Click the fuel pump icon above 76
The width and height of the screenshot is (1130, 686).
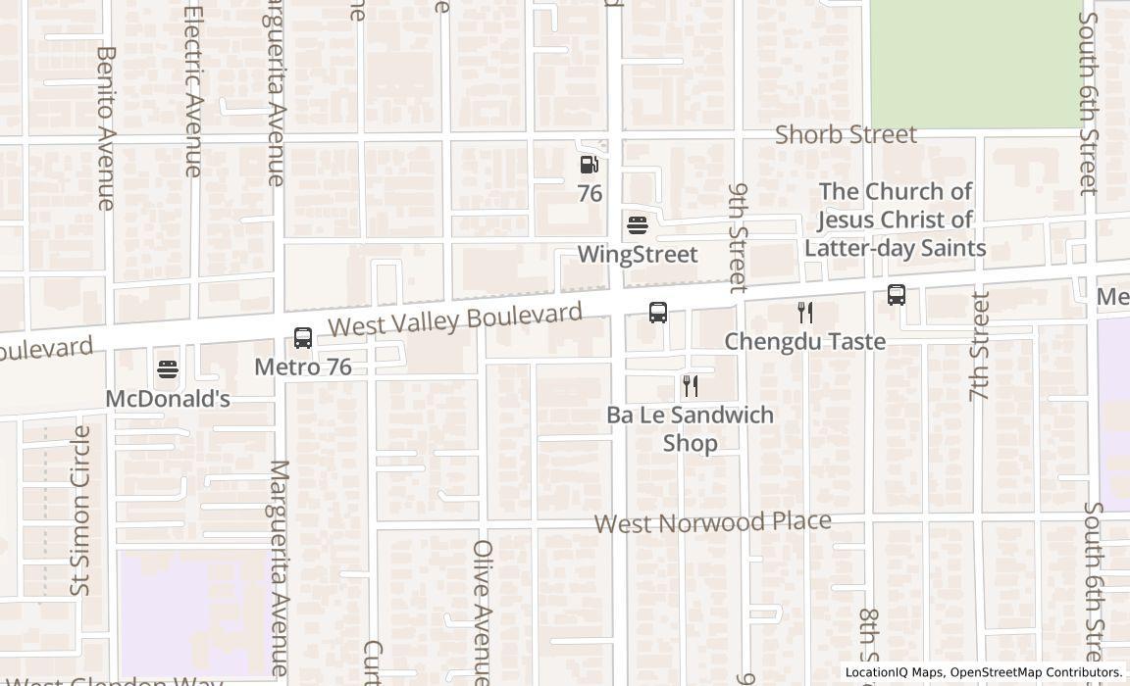(589, 165)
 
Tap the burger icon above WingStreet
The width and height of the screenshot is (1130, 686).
(638, 225)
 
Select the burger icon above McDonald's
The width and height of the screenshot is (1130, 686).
(168, 370)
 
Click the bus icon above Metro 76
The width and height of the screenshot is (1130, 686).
(303, 338)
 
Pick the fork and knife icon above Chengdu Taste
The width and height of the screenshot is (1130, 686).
(805, 313)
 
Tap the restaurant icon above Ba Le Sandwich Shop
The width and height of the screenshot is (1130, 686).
(691, 385)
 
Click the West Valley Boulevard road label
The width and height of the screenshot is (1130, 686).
(455, 320)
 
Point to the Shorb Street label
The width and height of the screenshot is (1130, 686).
(846, 134)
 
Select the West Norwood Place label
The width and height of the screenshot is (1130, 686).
(713, 521)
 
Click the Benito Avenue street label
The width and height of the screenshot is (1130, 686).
(106, 127)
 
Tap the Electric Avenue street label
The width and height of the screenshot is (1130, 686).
(192, 92)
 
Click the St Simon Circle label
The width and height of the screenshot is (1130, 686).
(80, 510)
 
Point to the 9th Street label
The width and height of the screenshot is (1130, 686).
(739, 237)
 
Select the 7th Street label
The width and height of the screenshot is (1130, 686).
(979, 346)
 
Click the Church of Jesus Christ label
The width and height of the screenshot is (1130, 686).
(895, 220)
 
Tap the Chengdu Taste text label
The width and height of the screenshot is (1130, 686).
(805, 341)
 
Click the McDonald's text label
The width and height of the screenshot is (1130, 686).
(168, 399)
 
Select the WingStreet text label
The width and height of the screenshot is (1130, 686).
(638, 255)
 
